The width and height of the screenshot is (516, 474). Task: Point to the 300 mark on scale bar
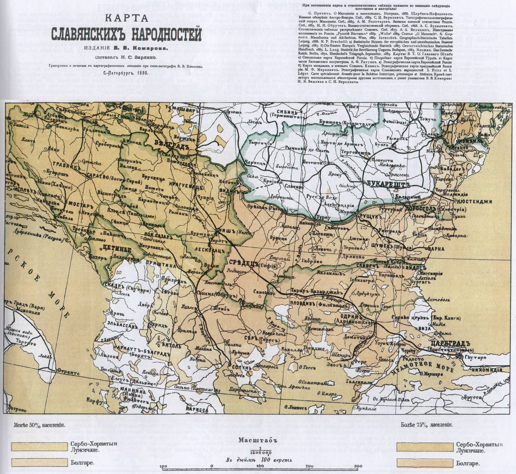[x=358, y=467]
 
